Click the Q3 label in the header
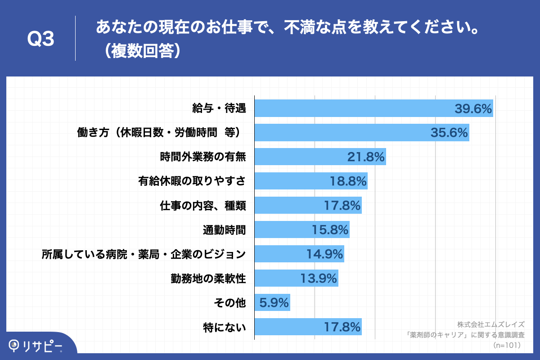click(x=41, y=40)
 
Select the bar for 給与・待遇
click(x=373, y=108)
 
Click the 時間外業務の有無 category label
click(x=203, y=157)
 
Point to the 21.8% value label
click(x=366, y=157)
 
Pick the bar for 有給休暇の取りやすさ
click(x=310, y=181)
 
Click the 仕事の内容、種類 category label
click(x=203, y=206)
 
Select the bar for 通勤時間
click(x=301, y=230)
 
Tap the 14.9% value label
click(x=325, y=254)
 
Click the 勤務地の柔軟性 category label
click(x=208, y=279)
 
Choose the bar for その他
click(x=272, y=303)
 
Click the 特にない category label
click(x=225, y=327)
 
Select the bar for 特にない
click(x=308, y=327)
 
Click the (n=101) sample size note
click(x=507, y=345)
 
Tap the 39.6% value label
click(x=473, y=108)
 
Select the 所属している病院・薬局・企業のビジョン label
click(x=144, y=254)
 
